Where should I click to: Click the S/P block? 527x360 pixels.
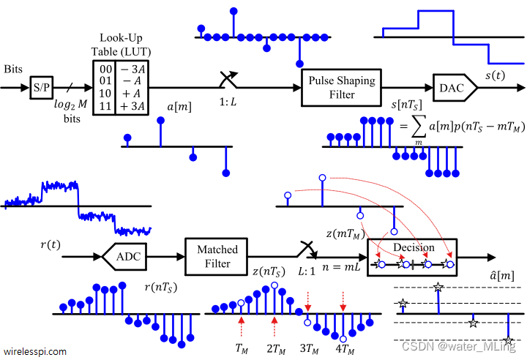42,87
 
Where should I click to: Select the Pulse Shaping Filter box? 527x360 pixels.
342,88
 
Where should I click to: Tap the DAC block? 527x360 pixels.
455,88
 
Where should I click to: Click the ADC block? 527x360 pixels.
124,257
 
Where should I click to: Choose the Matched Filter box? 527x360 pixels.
217,257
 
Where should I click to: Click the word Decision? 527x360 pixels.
414,247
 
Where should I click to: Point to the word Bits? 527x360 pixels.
13,69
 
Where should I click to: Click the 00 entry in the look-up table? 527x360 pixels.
105,69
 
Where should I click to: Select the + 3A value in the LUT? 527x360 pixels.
132,106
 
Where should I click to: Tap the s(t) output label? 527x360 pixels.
495,75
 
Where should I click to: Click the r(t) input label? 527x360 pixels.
51,244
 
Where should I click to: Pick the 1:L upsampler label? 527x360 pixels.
228,102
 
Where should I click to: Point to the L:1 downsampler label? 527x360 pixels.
307,271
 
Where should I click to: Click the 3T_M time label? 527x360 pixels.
309,349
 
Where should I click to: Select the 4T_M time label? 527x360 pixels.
345,349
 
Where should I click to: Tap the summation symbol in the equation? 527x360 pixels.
419,127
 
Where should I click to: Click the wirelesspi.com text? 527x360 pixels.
35,352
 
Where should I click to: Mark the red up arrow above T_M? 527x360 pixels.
242,326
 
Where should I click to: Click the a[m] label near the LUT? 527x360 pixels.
179,107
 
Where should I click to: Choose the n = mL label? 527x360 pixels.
341,267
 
